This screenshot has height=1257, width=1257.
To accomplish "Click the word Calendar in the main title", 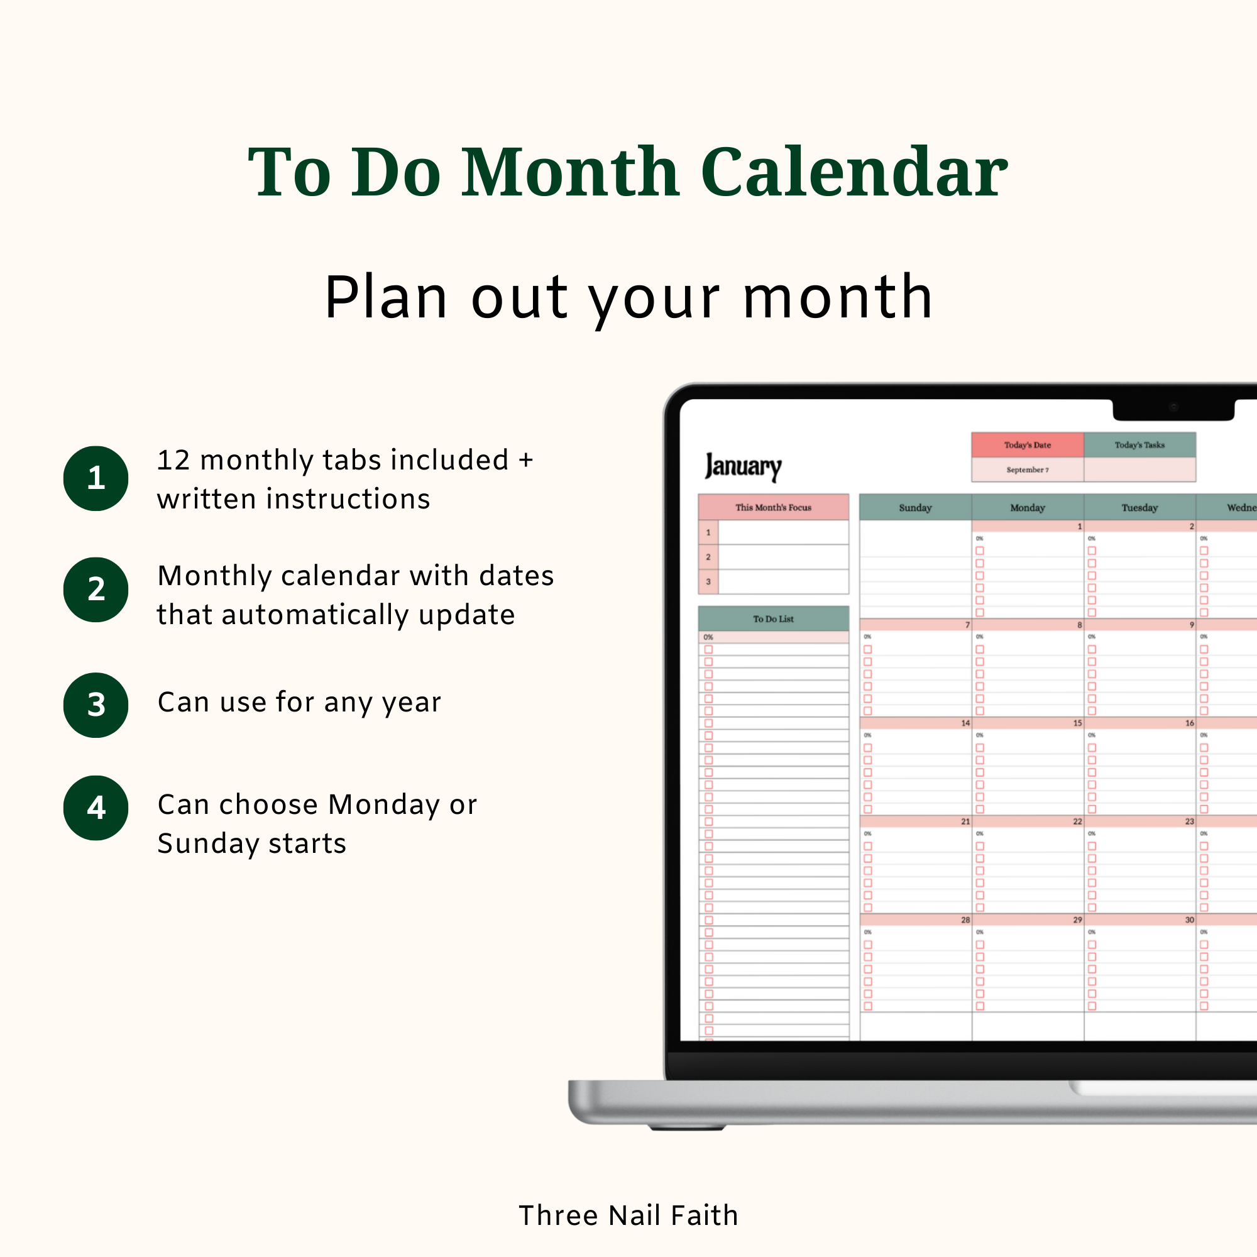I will pyautogui.click(x=854, y=172).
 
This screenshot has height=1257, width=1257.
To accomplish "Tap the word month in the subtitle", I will pyautogui.click(x=838, y=297).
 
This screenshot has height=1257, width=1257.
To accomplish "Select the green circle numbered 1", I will pyautogui.click(x=96, y=478).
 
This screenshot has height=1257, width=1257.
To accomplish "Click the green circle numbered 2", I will pyautogui.click(x=96, y=590).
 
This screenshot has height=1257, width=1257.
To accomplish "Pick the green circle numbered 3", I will pyautogui.click(x=96, y=705).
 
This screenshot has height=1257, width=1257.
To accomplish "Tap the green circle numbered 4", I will pyautogui.click(x=96, y=808).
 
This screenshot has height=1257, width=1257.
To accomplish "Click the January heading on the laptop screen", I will pyautogui.click(x=743, y=466).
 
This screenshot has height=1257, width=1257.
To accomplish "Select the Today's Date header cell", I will pyautogui.click(x=1027, y=445).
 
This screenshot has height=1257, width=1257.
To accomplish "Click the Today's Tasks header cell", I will pyautogui.click(x=1139, y=445).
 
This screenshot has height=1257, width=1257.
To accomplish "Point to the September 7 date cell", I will pyautogui.click(x=1027, y=469).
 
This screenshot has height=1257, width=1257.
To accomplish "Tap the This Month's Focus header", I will pyautogui.click(x=773, y=507).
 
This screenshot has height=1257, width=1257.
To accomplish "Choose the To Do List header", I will pyautogui.click(x=773, y=618).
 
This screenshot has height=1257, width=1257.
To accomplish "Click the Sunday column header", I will pyautogui.click(x=914, y=507).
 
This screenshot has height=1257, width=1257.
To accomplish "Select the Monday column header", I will pyautogui.click(x=1028, y=507).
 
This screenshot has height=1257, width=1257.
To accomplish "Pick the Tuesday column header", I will pyautogui.click(x=1139, y=507).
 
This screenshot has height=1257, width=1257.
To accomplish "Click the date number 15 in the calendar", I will pyautogui.click(x=1077, y=723).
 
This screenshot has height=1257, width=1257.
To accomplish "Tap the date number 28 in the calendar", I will pyautogui.click(x=965, y=920).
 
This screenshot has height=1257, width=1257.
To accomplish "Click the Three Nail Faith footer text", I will pyautogui.click(x=628, y=1216).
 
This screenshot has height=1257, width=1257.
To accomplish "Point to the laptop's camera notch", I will pyautogui.click(x=1173, y=409).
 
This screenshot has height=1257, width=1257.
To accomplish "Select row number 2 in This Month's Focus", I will pyautogui.click(x=708, y=557).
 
